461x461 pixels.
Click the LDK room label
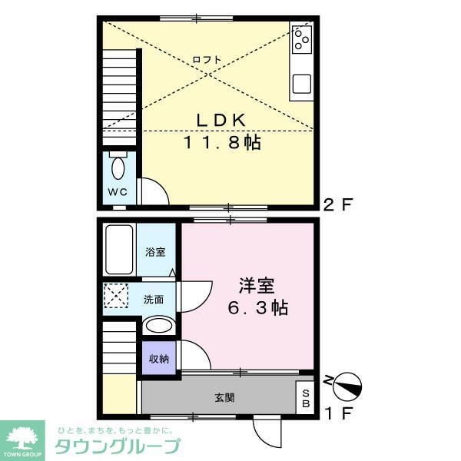[x=221, y=120]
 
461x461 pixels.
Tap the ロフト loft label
[x=207, y=59]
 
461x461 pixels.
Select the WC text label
[x=117, y=192]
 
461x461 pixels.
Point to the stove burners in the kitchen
[x=301, y=38]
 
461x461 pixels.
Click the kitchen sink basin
[x=301, y=83]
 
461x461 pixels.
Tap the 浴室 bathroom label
[x=156, y=251]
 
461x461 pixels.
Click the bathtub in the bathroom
[x=119, y=250]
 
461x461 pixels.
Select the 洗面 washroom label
[x=154, y=299]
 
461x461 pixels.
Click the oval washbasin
[x=159, y=326]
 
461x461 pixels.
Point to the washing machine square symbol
[x=118, y=296]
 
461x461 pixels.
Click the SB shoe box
[x=306, y=397]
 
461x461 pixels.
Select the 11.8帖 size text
[x=221, y=142]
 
